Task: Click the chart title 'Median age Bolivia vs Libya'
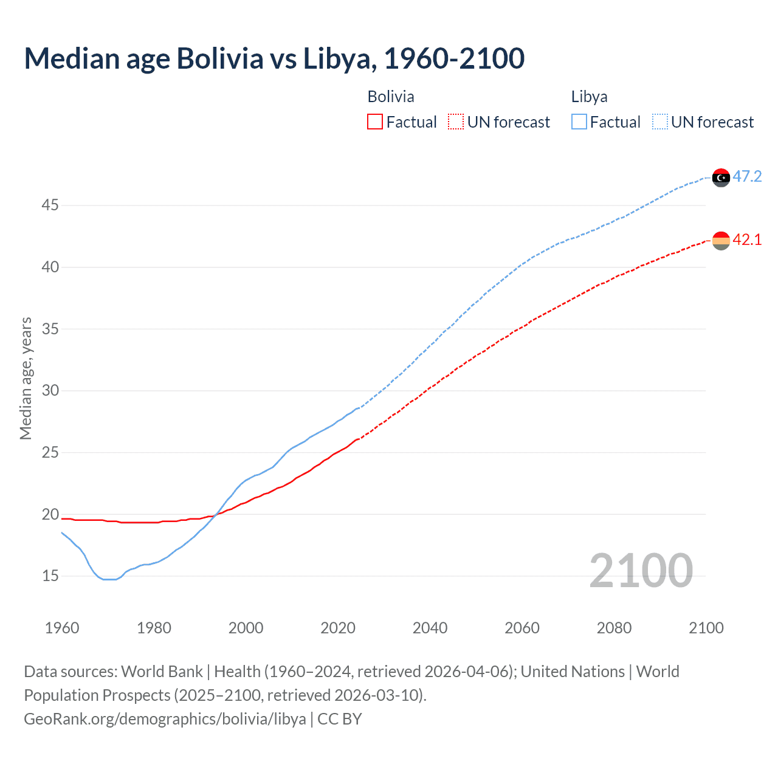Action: coord(274,59)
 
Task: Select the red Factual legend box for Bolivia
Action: coord(375,122)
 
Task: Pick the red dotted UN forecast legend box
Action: coord(456,122)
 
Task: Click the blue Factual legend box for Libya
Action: coord(579,122)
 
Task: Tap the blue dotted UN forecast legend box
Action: coord(660,122)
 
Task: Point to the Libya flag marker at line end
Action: coord(721,177)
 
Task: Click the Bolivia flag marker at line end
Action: coord(721,241)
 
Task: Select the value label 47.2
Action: coord(747,177)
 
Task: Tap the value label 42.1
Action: coord(747,240)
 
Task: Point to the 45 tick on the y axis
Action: coord(50,205)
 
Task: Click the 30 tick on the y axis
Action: coord(50,391)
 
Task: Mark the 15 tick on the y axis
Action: coord(50,576)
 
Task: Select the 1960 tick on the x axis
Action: coord(62,628)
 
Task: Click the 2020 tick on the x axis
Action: coord(338,628)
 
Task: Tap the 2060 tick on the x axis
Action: coord(522,628)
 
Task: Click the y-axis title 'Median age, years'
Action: coord(26,378)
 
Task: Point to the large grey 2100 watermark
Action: coord(641,571)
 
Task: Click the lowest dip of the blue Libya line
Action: coord(109,579)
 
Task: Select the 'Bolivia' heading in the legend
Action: coord(391,97)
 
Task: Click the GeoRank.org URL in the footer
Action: coord(165,719)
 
